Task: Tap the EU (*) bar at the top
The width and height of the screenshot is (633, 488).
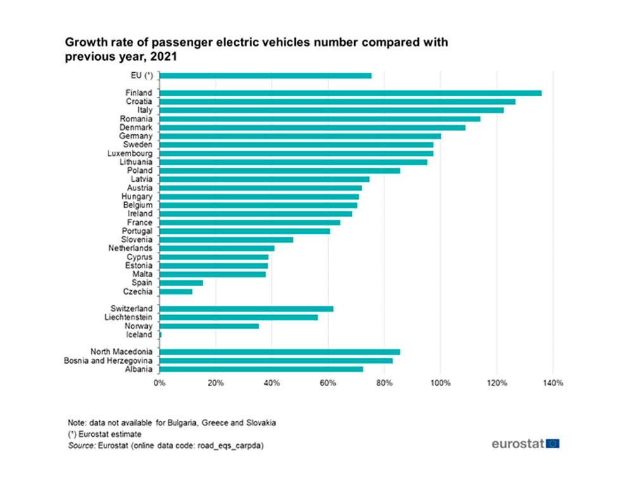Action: click(265, 76)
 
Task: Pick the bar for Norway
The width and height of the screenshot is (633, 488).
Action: click(209, 326)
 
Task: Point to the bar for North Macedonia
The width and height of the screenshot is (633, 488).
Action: click(279, 352)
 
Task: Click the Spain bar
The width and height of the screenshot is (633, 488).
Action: click(181, 283)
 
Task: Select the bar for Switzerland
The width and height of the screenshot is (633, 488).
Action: click(246, 309)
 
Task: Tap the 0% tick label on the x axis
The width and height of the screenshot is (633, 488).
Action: click(160, 383)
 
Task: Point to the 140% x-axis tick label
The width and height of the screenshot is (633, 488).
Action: click(553, 383)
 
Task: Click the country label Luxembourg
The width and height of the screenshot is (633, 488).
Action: click(131, 153)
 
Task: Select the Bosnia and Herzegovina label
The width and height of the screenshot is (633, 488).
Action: click(108, 361)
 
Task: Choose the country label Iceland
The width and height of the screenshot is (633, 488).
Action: click(139, 335)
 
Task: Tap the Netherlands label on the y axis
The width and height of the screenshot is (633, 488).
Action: click(130, 249)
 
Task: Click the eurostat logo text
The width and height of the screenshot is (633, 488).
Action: click(518, 444)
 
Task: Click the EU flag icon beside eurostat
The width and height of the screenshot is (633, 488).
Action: click(553, 444)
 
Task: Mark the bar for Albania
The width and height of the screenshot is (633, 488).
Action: click(261, 369)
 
